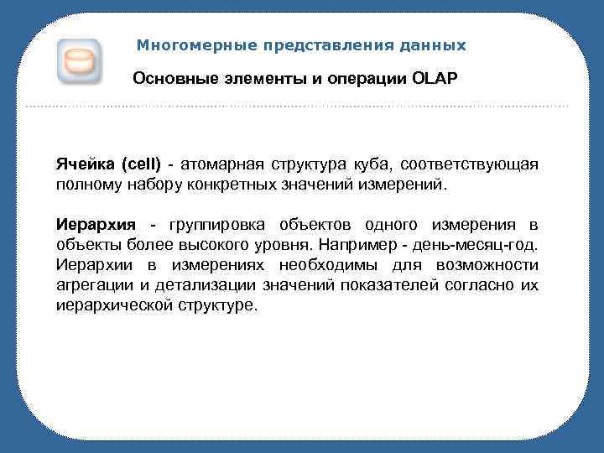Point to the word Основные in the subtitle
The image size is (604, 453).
[x=170, y=80]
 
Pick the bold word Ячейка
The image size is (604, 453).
[x=87, y=163]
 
